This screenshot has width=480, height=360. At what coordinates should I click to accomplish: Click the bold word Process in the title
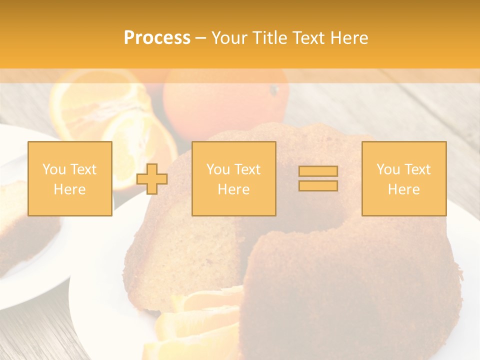point(157,38)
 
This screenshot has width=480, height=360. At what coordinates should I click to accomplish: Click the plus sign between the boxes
point(152,179)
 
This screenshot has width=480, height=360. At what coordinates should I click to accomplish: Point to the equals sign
point(318,178)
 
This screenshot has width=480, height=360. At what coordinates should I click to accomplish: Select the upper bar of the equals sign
point(318,171)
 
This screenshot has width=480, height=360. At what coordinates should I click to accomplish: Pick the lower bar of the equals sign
point(318,185)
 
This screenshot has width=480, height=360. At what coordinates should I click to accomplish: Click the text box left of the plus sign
point(70,178)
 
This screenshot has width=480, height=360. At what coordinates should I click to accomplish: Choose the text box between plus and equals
point(234,178)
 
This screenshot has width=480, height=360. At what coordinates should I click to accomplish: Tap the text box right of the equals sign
point(404,178)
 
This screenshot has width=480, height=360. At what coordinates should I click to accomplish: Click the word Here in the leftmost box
point(69,189)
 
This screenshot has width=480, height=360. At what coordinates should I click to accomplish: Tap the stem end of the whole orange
point(273,90)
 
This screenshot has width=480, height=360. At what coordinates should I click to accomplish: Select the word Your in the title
point(230,38)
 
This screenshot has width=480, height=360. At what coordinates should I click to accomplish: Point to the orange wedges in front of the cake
point(200,320)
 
